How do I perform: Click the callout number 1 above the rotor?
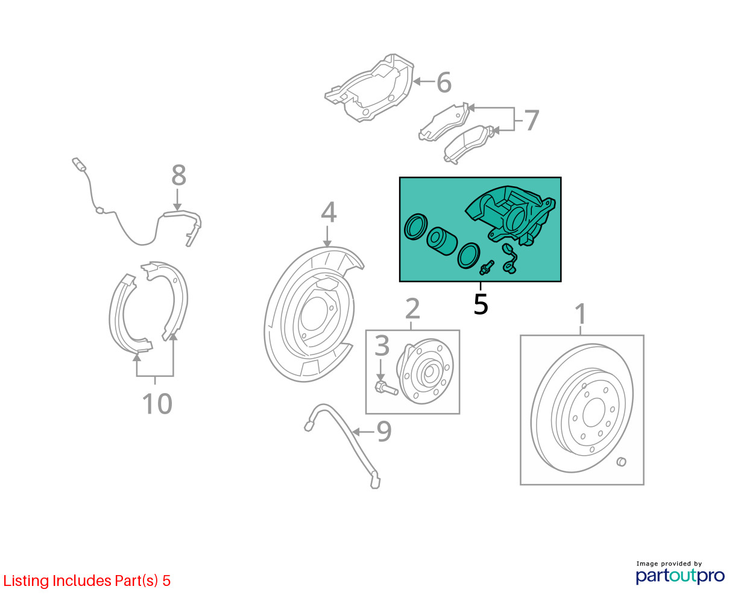coord(580,314)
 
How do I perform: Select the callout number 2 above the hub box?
coord(412,309)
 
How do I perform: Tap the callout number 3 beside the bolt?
coord(382,347)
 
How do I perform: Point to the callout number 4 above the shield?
coord(328,212)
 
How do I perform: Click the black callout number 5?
coord(481,304)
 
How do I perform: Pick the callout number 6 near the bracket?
coord(444,83)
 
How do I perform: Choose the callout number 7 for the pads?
coord(531,121)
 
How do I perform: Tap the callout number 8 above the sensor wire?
coord(178,176)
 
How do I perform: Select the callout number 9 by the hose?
coord(384,432)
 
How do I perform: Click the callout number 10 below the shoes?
coord(157,404)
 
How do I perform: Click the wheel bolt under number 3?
coord(385,388)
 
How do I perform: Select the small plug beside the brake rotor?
coord(622,462)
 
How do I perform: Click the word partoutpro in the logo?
coord(680,576)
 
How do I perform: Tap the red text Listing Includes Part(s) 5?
coord(87,581)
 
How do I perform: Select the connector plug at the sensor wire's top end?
coord(78,164)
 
